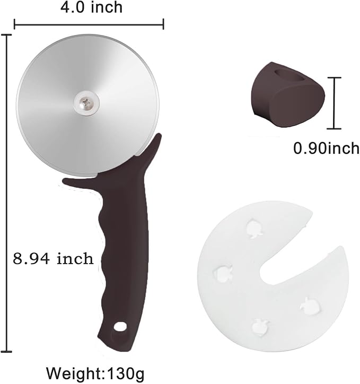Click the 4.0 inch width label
point(89,7)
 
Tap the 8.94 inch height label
point(53,259)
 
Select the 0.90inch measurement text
point(326,149)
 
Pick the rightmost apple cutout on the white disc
point(308,304)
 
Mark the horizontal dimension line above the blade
point(89,23)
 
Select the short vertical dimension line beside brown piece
point(333,103)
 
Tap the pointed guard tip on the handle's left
point(66,181)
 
